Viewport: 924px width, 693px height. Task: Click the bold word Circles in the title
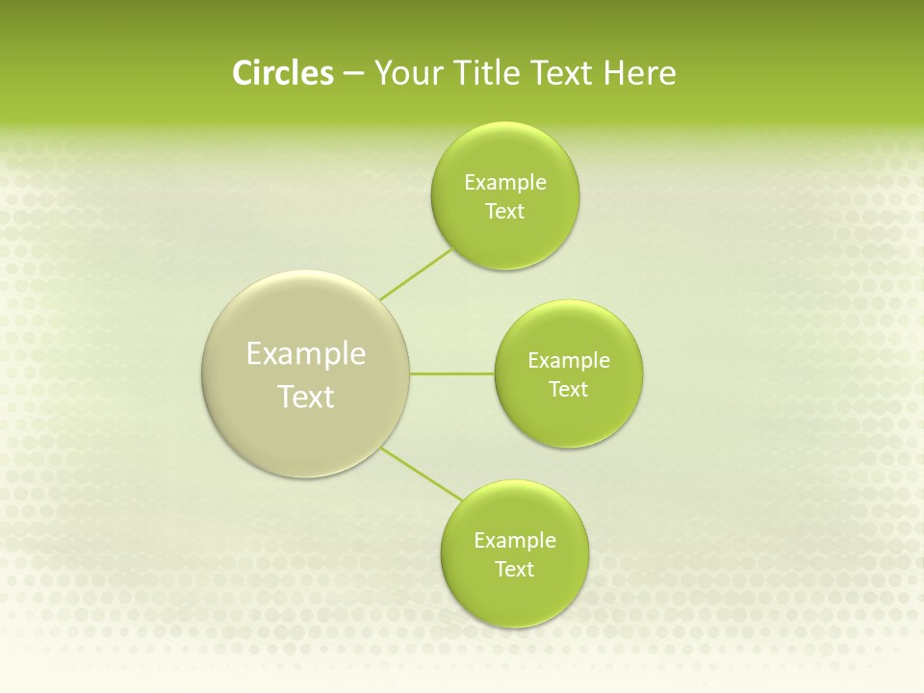coord(283,73)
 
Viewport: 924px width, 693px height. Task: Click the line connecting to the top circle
coord(416,275)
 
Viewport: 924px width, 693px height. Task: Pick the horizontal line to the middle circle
coord(452,373)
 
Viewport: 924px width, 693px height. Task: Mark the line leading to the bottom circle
coord(421,474)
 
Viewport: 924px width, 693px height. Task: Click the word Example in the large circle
coord(306,354)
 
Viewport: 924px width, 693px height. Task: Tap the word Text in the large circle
coord(306,397)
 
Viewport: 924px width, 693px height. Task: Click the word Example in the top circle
coord(505,183)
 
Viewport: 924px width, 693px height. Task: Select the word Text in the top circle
coord(504,212)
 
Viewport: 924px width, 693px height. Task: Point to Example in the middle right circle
coord(569,361)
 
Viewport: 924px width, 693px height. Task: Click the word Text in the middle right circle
coord(568,390)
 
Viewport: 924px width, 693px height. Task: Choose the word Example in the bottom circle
coord(515,541)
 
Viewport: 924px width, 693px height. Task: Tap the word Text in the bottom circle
coord(514,570)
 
